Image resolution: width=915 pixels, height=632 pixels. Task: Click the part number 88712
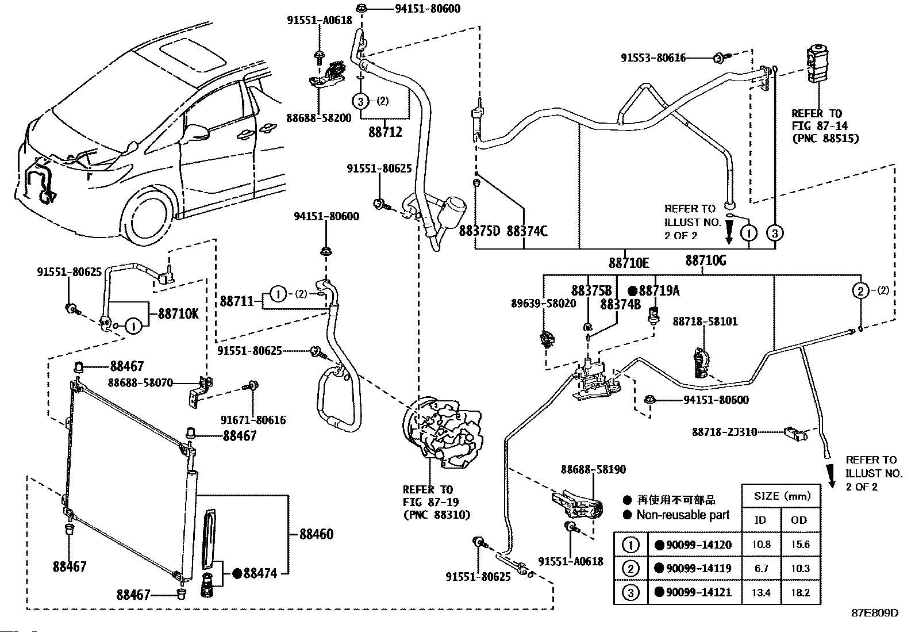(x=385, y=132)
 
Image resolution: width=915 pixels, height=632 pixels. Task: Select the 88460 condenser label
(x=316, y=534)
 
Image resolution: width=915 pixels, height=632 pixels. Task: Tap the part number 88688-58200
(x=318, y=118)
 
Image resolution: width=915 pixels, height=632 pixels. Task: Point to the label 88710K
(x=178, y=314)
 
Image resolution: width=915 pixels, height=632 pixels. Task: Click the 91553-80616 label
(x=653, y=58)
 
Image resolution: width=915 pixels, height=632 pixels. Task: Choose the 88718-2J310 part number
(x=724, y=432)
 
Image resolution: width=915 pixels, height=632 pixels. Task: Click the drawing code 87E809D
(x=875, y=613)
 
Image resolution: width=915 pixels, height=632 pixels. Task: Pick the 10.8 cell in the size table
(x=761, y=545)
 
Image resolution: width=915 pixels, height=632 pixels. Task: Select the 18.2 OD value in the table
(x=800, y=592)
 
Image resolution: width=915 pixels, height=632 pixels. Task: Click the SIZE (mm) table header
(x=782, y=496)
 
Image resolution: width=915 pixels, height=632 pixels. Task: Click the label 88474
(x=260, y=573)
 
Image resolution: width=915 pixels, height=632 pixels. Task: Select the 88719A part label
(x=659, y=290)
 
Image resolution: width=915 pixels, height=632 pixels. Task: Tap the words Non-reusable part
(x=683, y=515)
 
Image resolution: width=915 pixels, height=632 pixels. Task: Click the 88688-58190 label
(x=593, y=470)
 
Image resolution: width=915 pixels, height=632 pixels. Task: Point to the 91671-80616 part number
(x=253, y=420)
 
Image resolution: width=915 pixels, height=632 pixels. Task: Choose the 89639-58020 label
(x=543, y=304)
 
